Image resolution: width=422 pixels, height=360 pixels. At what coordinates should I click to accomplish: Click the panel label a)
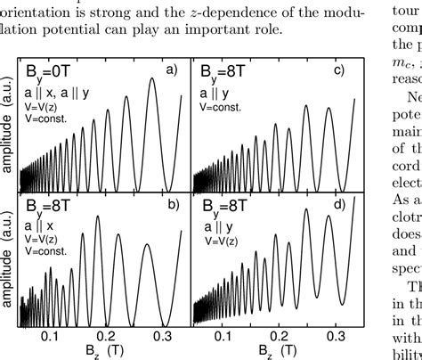[174, 70]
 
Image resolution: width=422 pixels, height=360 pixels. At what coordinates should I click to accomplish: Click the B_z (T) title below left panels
[105, 351]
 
